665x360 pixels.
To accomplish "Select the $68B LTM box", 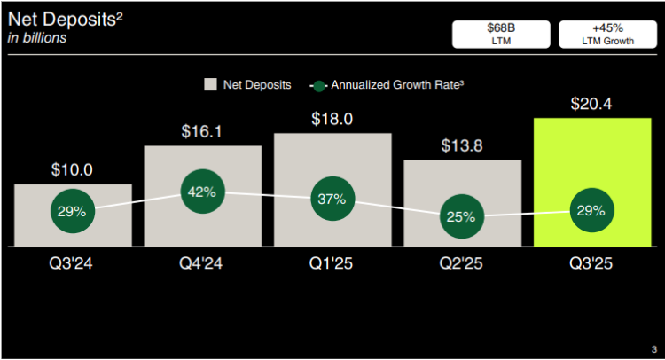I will [x=501, y=33].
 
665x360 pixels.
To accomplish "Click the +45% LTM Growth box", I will [x=607, y=33].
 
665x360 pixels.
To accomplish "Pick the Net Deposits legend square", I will [x=211, y=84].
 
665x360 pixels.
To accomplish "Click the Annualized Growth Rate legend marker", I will [x=319, y=85].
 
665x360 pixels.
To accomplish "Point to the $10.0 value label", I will [x=73, y=169].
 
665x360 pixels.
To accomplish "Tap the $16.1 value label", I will [x=202, y=131].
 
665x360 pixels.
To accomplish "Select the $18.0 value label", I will [x=332, y=119].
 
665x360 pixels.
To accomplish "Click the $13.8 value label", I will [x=462, y=145].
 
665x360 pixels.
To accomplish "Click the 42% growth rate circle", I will [x=203, y=192].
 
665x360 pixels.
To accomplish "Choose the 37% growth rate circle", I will [x=332, y=200].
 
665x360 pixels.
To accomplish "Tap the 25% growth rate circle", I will [x=462, y=216].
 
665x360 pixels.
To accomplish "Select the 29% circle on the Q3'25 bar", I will [x=591, y=210].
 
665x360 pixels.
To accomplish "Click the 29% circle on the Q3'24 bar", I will [x=73, y=211].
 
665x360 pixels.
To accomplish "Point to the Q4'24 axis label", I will [x=202, y=263].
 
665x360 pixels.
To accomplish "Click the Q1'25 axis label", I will [x=332, y=263].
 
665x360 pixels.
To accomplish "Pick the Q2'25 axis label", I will [x=462, y=263].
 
